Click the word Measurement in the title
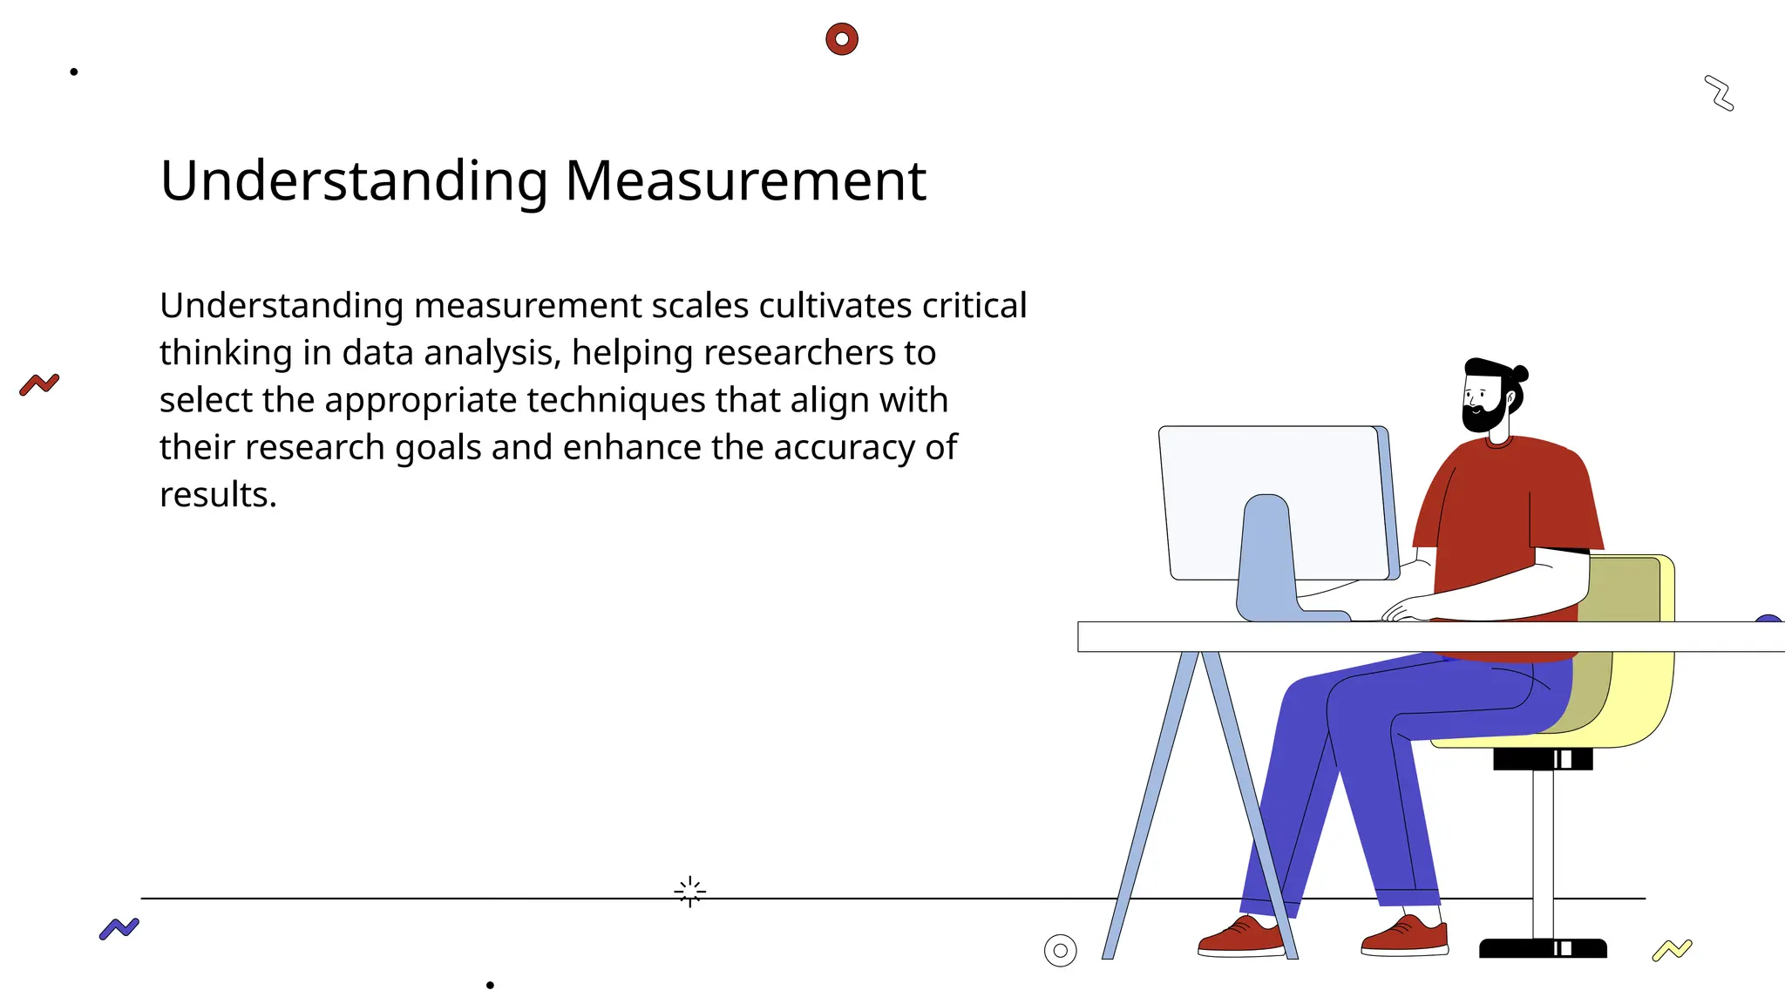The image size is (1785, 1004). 745,181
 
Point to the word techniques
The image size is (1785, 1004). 616,400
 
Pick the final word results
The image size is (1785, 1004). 217,495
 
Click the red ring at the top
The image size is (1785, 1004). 842,39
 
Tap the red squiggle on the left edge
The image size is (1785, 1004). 39,384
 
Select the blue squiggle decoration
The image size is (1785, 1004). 119,929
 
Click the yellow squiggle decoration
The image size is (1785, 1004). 1672,950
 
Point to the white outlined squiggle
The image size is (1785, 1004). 1719,93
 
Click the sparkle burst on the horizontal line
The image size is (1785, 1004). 690,892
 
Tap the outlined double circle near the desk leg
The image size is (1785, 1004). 1060,950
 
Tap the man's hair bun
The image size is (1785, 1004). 1521,374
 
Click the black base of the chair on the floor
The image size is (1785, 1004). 1543,948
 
